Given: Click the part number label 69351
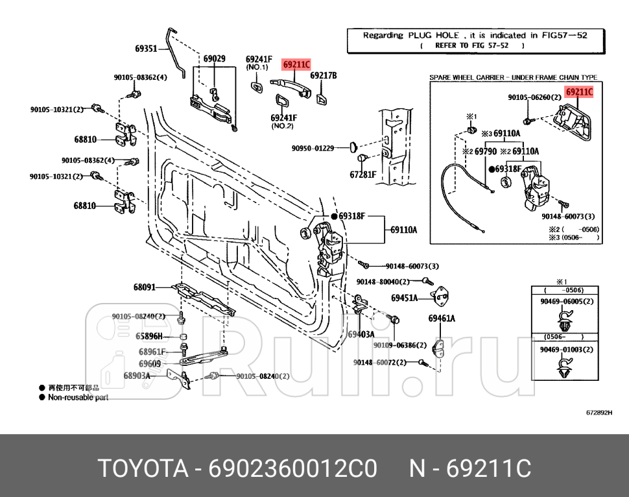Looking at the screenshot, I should coord(146,48).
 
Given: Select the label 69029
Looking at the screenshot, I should coord(214,58).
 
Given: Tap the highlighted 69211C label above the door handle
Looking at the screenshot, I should coord(296,65).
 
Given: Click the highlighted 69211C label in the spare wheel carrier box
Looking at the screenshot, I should coord(579,92).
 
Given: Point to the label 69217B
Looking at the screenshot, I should coord(324,75).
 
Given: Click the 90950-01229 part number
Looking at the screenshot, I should coord(313,149).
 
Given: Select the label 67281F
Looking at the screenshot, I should coord(363,175).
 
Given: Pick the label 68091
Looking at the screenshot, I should coord(145,287).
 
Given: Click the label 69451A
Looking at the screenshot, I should coord(404,298).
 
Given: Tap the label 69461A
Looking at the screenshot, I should coord(442,318).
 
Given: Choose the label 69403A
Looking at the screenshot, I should coord(361,335).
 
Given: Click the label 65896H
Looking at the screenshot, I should coord(149,336).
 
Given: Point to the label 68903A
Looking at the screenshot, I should coord(137,376).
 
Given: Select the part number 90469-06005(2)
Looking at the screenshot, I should coord(566,302).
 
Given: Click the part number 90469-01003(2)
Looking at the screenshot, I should coord(566,350).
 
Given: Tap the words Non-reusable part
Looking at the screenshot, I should coord(78,397).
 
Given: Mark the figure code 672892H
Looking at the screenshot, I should coord(599,413).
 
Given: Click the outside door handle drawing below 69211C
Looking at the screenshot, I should coord(289,85).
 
